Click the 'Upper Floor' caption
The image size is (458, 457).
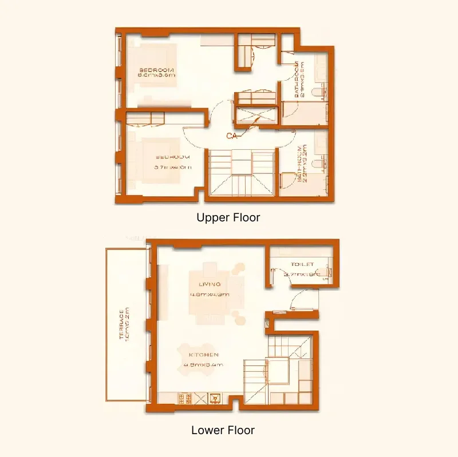click(228, 217)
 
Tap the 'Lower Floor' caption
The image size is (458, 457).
click(223, 430)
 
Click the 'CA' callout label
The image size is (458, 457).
click(232, 136)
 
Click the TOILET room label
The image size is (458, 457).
click(302, 265)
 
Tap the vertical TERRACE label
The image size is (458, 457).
click(121, 324)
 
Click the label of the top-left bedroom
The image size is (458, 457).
click(156, 70)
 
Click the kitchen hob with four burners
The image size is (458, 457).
click(185, 396)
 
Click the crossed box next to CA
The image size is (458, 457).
click(256, 116)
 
